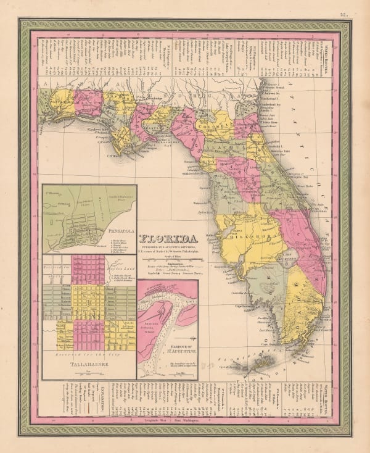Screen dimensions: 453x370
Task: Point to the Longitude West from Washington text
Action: (185, 422)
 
